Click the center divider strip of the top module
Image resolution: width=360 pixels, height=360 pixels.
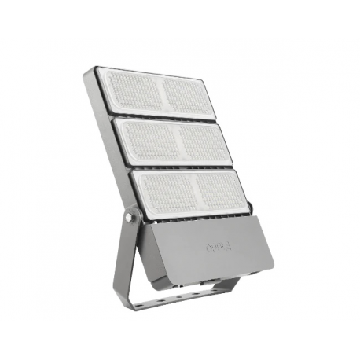tap(160, 93)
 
